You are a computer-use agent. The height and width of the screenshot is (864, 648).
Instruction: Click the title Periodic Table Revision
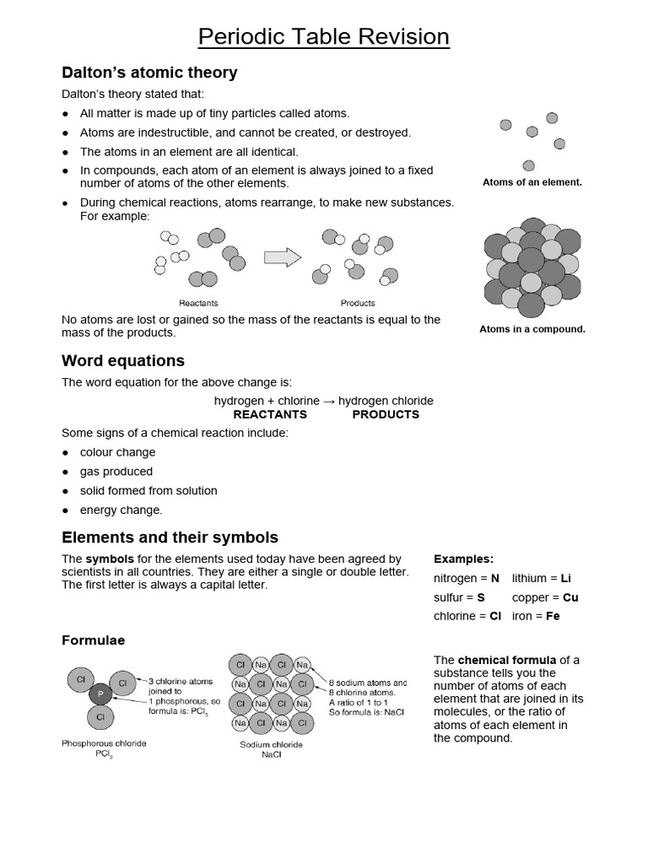323,37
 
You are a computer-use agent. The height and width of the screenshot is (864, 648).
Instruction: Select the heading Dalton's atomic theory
149,73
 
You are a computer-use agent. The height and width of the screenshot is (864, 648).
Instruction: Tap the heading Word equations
123,360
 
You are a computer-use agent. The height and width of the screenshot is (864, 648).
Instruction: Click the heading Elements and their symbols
170,537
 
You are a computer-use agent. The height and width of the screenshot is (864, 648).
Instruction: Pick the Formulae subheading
93,640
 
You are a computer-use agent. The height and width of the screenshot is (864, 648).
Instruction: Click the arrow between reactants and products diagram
283,257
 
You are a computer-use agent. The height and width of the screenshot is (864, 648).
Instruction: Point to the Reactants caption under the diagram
198,303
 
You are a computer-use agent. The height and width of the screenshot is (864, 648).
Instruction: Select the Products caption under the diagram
358,303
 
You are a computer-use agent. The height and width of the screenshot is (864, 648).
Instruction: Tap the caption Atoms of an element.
532,182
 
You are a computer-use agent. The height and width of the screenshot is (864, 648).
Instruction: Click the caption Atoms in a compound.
532,329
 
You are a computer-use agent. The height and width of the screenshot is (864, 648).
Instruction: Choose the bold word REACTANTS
270,414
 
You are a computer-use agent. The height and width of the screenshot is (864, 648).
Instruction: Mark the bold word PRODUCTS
386,414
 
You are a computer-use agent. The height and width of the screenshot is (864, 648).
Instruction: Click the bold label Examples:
463,559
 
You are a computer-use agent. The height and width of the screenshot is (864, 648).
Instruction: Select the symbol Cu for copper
570,597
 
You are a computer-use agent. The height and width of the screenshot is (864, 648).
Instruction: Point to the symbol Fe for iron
553,616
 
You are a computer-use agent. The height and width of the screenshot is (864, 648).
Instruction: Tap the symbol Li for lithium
565,578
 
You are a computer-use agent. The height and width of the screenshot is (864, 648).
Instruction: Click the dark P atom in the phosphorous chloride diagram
100,694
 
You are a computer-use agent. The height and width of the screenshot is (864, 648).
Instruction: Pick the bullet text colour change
117,452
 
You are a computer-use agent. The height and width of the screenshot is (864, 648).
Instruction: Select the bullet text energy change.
121,510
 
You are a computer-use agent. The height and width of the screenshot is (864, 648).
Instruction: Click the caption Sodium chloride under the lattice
271,745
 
